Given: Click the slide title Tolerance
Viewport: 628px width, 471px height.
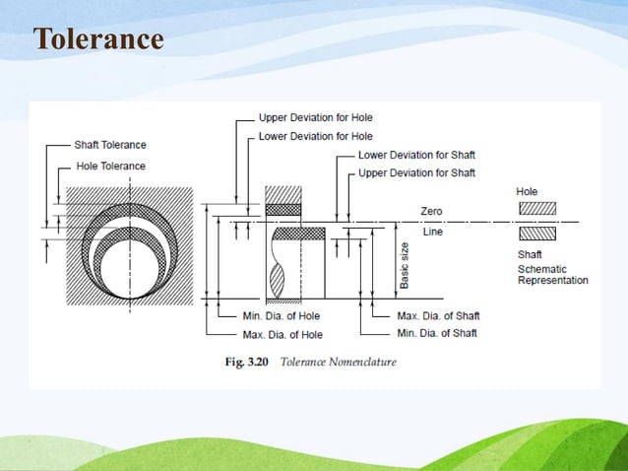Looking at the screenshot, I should pos(97,38).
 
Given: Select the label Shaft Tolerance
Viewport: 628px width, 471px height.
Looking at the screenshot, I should pos(110,146).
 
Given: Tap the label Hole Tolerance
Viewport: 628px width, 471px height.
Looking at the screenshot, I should pos(110,167).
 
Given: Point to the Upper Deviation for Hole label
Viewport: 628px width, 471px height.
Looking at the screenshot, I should pos(315,119).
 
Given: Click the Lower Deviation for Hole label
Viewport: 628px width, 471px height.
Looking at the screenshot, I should pos(315,137).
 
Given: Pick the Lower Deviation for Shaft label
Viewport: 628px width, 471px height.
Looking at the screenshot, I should pos(416,156).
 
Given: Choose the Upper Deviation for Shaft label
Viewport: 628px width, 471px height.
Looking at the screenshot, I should pos(416,173).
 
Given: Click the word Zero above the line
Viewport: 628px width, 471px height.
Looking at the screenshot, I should pos(432,212).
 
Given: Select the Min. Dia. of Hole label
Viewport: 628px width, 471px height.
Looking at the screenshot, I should pos(282,316).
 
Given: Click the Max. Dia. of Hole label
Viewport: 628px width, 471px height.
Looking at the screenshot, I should pos(283,334).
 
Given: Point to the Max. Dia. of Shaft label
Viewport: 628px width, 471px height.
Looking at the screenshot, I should pos(438,316).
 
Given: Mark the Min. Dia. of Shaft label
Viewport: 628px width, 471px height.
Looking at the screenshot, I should pos(437,333).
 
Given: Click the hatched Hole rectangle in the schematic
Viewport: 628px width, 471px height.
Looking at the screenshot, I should pos(536,209).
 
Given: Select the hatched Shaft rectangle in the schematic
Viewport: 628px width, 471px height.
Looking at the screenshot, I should pos(536,234).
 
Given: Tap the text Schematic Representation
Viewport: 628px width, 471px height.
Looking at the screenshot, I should pos(552,274).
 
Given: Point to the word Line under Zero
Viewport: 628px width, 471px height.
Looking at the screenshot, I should pos(432,232).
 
